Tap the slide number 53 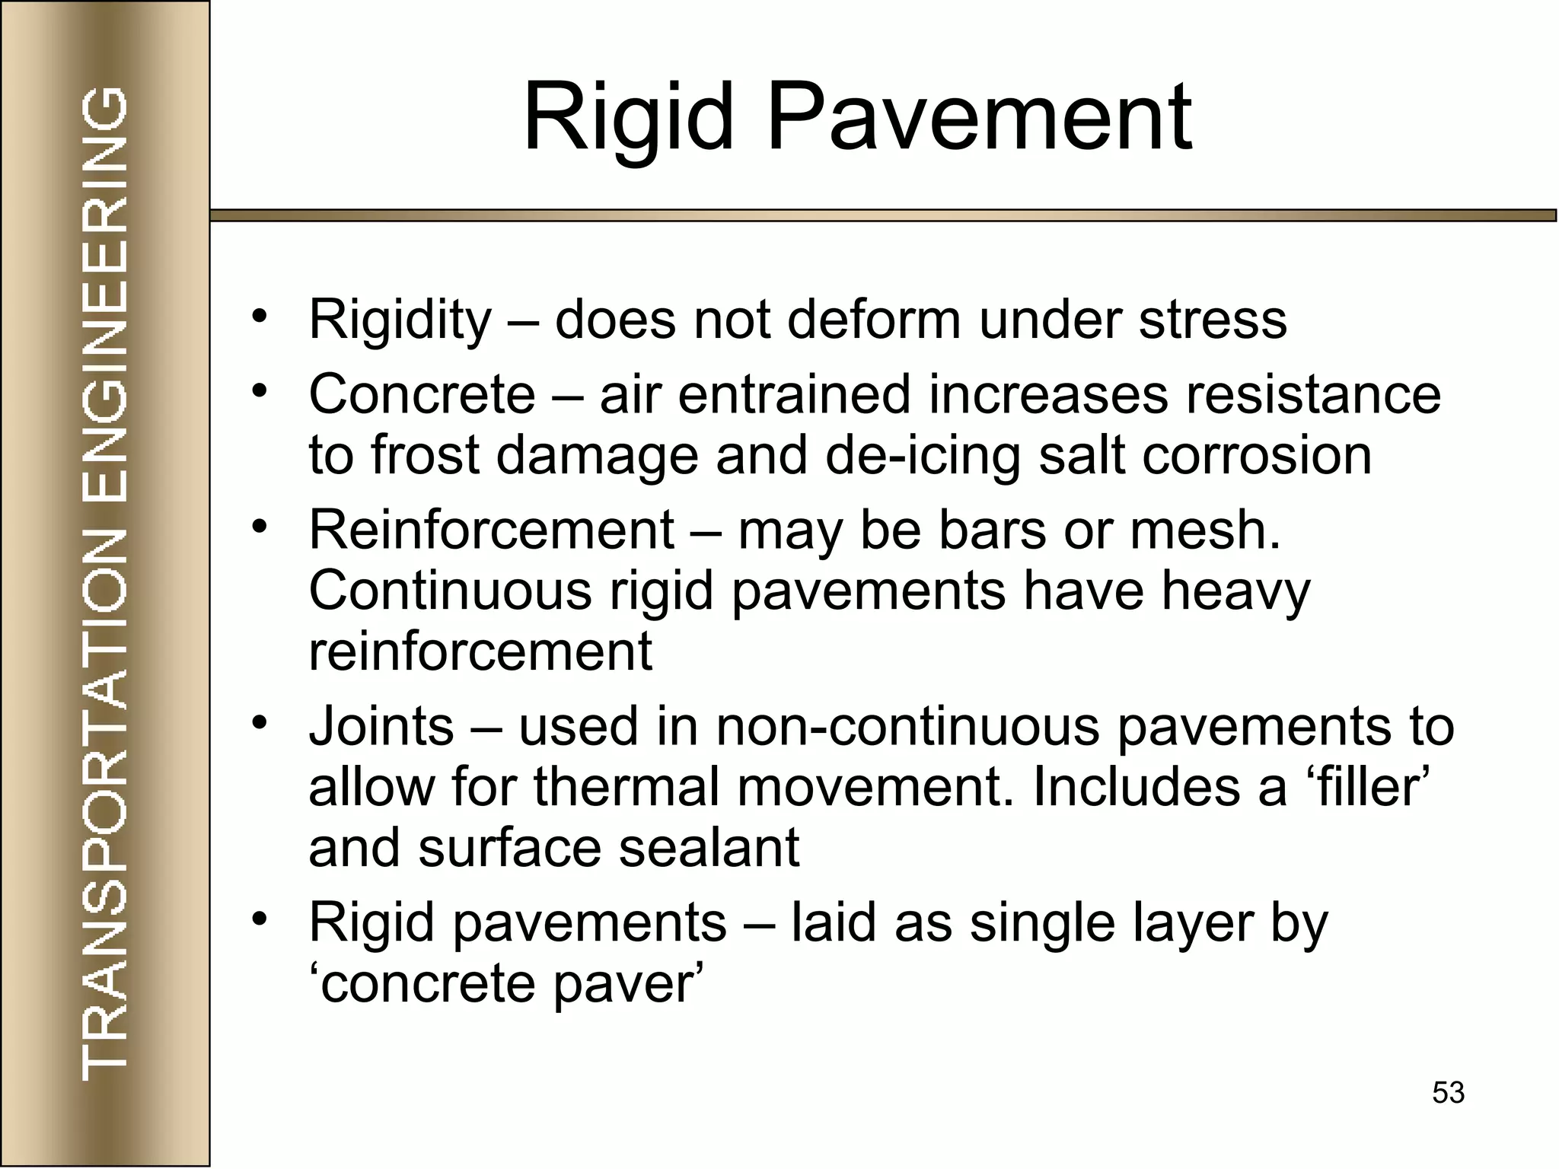(1448, 1093)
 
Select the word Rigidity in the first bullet (400, 320)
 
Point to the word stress (1213, 320)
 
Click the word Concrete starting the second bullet (422, 395)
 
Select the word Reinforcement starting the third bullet (491, 530)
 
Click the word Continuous (450, 591)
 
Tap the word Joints (381, 727)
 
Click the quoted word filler (1359, 788)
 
